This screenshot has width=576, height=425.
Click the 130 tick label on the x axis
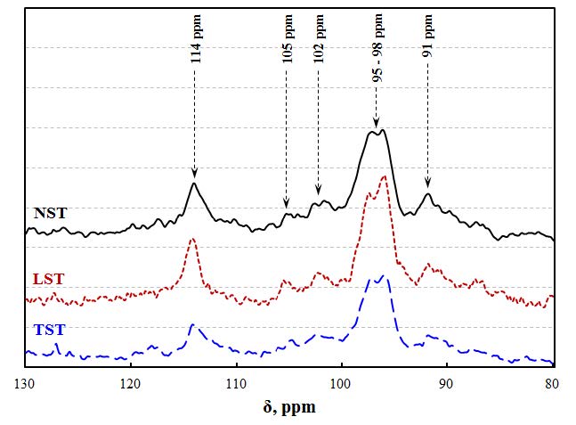tap(25, 384)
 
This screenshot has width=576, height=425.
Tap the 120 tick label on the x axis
tap(130, 384)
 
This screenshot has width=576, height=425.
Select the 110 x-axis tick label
tap(236, 384)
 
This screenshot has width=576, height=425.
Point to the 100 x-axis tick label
tap(342, 384)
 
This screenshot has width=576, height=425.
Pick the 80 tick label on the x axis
tap(552, 384)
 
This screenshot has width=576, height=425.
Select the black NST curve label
tap(51, 214)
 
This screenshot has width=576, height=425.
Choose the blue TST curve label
tap(49, 331)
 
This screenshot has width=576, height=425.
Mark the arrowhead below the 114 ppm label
tap(194, 174)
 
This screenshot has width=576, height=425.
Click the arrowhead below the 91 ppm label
tap(427, 185)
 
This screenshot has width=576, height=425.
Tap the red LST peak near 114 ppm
tap(191, 240)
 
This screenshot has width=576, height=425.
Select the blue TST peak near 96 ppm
tap(385, 276)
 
